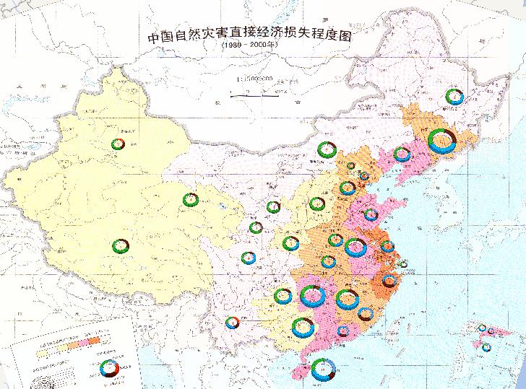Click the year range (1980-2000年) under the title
pos(249,48)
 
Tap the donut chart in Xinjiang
pos(118,144)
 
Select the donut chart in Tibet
pos(119,245)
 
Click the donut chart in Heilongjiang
pos(454,97)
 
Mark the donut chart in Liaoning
pos(402,154)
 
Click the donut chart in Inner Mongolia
pos(326,150)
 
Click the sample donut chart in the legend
pos(109,367)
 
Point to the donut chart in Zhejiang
pos(392,280)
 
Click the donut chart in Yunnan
pos(232,323)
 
